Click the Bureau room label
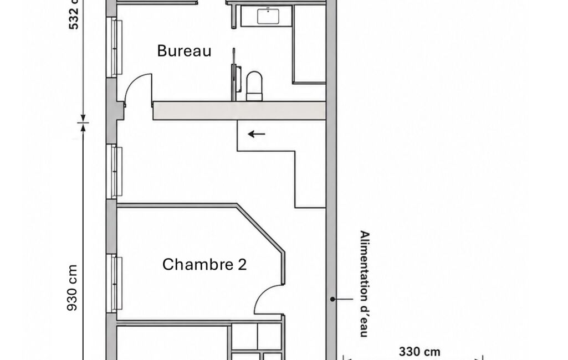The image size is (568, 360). click(184, 51)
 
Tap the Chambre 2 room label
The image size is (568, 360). click(204, 264)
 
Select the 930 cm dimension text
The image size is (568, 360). click(73, 287)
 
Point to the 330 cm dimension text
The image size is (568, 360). click(419, 352)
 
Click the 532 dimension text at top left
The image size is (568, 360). click(74, 14)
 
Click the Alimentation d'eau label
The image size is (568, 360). click(365, 284)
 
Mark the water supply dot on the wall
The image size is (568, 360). click(332, 299)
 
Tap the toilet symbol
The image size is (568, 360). click(254, 86)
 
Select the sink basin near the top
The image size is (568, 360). click(268, 17)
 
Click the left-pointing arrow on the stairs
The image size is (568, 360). click(257, 134)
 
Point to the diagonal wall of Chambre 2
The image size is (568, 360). click(260, 229)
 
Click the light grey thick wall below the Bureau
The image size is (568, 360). click(239, 111)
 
